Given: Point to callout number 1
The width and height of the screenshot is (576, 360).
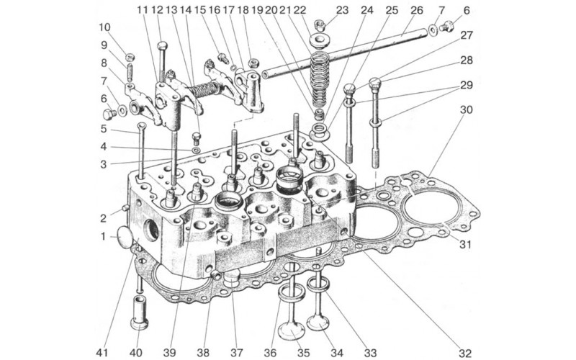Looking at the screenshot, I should click(103, 235).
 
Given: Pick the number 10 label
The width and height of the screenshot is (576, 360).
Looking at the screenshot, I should click(106, 27).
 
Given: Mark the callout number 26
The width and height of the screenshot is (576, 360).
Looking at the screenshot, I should click(416, 10).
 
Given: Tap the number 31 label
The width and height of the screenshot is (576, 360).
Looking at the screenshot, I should click(465, 244).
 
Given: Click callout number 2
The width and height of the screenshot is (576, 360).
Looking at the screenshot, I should click(103, 217).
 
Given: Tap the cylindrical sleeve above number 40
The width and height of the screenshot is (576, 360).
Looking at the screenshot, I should click(139, 311).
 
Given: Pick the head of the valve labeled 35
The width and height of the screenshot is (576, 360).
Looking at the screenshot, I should click(292, 330).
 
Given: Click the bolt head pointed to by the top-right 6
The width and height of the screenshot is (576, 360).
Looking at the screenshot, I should click(447, 27).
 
